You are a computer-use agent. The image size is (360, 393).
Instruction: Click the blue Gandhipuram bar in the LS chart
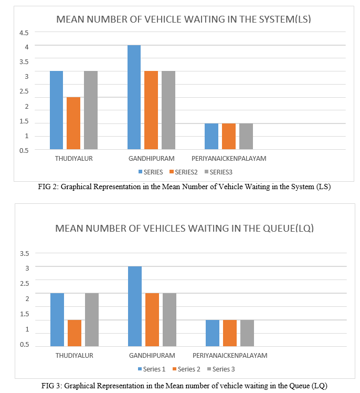point(134,97)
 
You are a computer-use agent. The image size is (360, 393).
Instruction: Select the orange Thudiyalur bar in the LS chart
point(73,123)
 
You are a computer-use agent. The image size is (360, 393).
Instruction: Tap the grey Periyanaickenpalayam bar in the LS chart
point(246,137)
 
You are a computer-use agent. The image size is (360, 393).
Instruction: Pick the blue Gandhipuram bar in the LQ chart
point(135,306)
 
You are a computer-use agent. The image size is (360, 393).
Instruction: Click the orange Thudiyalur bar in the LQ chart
point(75,333)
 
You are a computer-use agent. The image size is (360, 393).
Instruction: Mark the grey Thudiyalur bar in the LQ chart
point(92,320)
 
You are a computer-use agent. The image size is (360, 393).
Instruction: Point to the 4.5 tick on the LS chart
point(24,33)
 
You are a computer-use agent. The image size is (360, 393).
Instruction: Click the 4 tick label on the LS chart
point(27,47)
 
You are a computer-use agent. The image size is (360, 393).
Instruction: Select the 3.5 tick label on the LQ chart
point(25,253)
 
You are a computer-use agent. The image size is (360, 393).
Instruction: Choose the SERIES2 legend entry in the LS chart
point(184,172)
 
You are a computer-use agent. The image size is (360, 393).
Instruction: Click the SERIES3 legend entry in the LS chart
point(218,172)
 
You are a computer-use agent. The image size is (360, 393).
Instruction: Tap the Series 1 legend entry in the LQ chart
point(152,369)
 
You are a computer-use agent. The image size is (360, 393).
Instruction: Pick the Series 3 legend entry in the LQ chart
point(221,369)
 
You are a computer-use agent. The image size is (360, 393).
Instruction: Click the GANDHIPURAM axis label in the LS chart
point(152,159)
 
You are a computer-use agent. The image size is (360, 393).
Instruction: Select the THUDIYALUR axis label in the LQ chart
point(75,356)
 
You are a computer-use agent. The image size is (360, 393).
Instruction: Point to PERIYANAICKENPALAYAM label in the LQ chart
point(230,356)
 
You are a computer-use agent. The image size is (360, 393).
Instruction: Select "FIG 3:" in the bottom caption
point(52,386)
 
